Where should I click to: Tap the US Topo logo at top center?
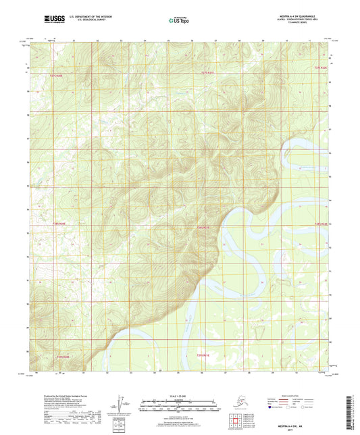point(174,21)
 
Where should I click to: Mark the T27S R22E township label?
point(320,68)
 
